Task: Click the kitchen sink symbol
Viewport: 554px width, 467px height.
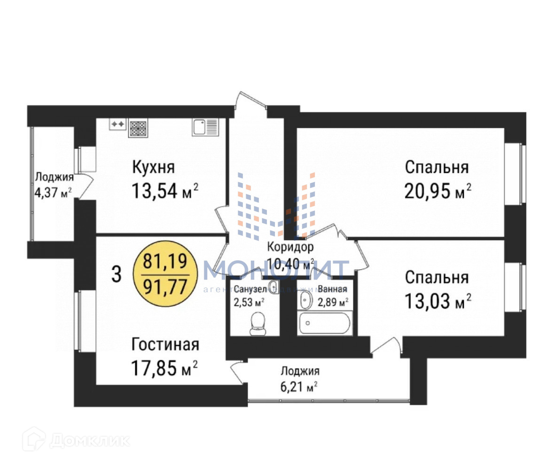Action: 205,127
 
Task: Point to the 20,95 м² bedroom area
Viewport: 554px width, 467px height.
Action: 437,191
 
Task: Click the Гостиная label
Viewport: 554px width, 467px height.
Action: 165,344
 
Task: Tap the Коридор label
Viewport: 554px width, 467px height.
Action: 290,247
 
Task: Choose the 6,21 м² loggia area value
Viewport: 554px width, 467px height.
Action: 299,387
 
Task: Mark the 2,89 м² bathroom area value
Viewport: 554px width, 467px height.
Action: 333,301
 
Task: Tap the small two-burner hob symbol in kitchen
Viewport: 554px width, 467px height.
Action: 117,124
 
